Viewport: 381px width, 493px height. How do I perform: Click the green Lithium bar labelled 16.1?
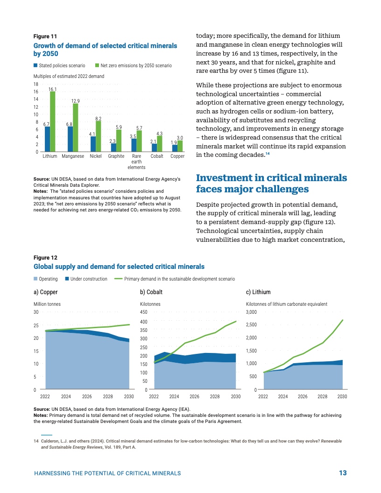pos(53,121)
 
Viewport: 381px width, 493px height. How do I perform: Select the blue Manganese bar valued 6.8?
pos(70,139)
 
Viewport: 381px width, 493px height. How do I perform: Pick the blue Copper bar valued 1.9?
pos(175,148)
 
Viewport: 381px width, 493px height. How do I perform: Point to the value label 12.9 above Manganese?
pos(75,101)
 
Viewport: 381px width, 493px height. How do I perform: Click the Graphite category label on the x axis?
pos(116,156)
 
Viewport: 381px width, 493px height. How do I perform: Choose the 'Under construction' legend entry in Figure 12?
pos(88,279)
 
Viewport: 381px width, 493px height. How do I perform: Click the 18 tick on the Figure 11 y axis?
pos(36,84)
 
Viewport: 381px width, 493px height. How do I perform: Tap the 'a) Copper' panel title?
pos(46,292)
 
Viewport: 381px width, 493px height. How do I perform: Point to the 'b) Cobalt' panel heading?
pos(151,292)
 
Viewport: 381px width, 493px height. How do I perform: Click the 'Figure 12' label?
pos(45,257)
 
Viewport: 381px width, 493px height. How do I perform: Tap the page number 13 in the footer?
pos(343,473)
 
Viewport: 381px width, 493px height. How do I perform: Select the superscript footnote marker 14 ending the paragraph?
pos(267,154)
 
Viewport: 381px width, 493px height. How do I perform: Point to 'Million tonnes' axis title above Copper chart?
pos(47,304)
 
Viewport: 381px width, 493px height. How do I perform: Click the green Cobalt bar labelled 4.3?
pos(159,144)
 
